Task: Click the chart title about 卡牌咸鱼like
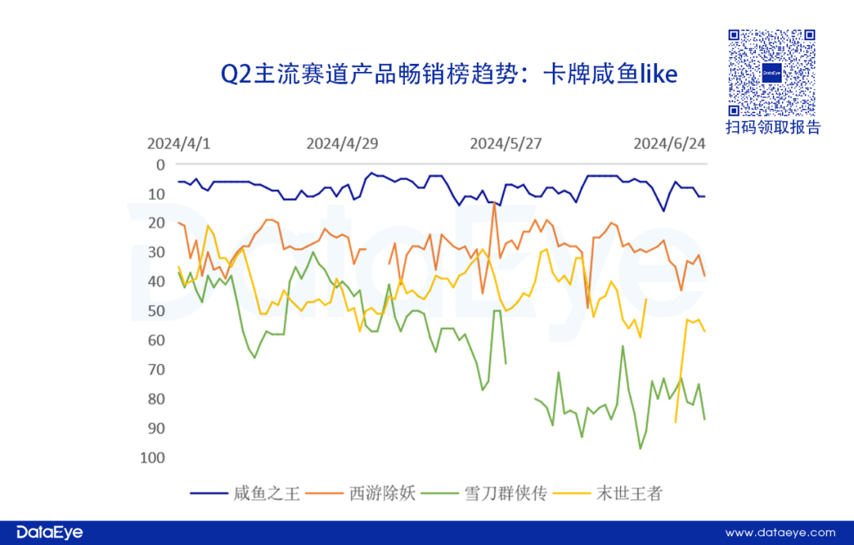[x=449, y=74]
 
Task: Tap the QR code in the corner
[x=772, y=73]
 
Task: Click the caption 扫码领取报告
[x=773, y=128]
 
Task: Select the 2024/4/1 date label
[x=179, y=144]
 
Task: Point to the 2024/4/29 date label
[x=342, y=144]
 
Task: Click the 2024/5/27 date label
[x=506, y=144]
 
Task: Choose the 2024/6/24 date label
[x=670, y=144]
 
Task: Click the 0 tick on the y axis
[x=161, y=165]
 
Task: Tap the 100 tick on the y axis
[x=153, y=457]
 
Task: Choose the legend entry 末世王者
[x=628, y=494]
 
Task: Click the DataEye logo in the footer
[x=49, y=532]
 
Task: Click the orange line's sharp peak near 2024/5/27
[x=494, y=202]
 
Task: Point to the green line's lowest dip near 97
[x=640, y=449]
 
